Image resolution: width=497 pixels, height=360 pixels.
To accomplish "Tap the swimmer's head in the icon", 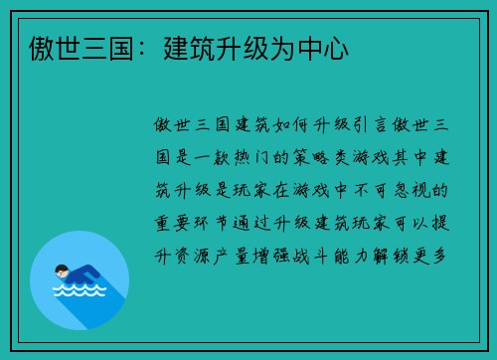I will point(62,270).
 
